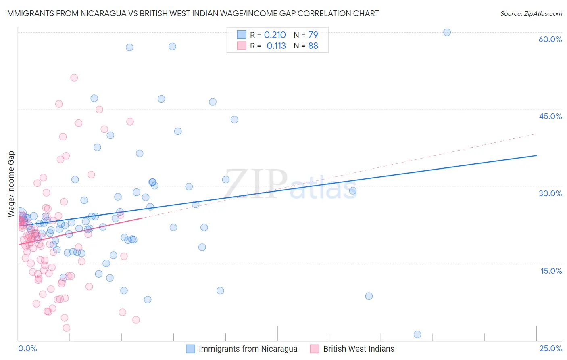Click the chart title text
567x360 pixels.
[x=192, y=13]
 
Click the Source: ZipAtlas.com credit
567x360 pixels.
[x=531, y=14]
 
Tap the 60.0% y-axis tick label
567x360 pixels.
[x=550, y=39]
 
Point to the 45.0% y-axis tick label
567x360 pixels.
[x=550, y=116]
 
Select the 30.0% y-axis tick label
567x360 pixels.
[x=550, y=193]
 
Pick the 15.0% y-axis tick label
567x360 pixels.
[x=551, y=271]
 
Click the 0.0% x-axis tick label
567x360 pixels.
[x=27, y=348]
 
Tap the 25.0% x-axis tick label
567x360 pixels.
[x=550, y=348]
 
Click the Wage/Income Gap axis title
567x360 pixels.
[x=11, y=184]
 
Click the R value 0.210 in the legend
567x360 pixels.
[x=275, y=35]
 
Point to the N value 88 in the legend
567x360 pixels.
[x=313, y=46]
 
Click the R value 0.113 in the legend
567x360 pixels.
[x=276, y=46]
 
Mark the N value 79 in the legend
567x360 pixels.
[x=313, y=35]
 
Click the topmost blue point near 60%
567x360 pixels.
[x=447, y=32]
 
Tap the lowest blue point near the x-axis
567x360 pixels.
[x=417, y=335]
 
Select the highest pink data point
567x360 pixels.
[x=74, y=78]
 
